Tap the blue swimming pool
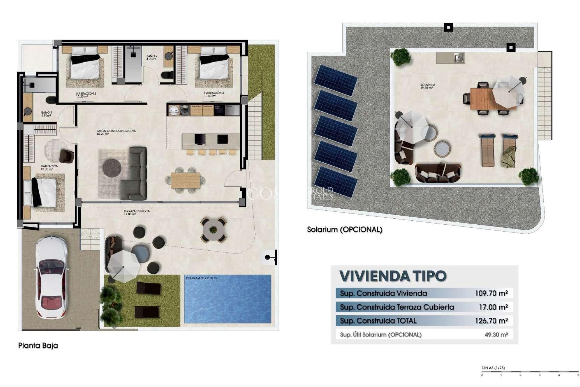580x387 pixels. coord(227,299)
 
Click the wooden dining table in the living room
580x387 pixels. coord(185,180)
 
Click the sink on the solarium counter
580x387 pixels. coord(459,57)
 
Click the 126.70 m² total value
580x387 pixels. coord(491,321)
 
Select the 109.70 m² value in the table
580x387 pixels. coord(491,293)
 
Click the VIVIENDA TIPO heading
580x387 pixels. coord(393,276)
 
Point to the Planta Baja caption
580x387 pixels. coord(38,345)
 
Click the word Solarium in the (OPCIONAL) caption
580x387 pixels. coord(322,229)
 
